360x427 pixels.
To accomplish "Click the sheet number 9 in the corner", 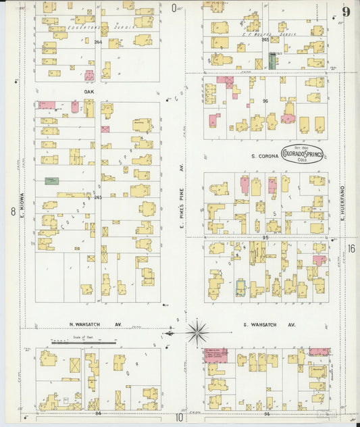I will pyautogui.click(x=346, y=11).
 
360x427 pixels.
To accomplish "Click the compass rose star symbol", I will pyautogui.click(x=197, y=332).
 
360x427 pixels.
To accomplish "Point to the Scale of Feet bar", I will pyautogui.click(x=74, y=343).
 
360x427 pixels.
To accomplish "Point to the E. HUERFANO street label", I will pyautogui.click(x=343, y=189).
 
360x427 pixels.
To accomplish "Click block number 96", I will pyautogui.click(x=266, y=102).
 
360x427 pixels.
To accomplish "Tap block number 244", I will pyautogui.click(x=98, y=42).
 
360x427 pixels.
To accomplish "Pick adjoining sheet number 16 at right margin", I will pyautogui.click(x=352, y=248).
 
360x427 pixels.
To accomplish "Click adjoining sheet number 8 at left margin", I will pyautogui.click(x=12, y=211).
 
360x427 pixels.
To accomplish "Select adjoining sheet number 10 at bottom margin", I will pyautogui.click(x=180, y=417).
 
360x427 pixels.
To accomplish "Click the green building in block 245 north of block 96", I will pyautogui.click(x=272, y=60).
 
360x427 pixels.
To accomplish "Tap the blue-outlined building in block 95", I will pyautogui.click(x=240, y=288).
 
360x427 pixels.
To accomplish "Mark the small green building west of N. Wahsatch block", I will pyautogui.click(x=51, y=180).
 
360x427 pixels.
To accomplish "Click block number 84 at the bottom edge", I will pyautogui.click(x=98, y=412).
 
